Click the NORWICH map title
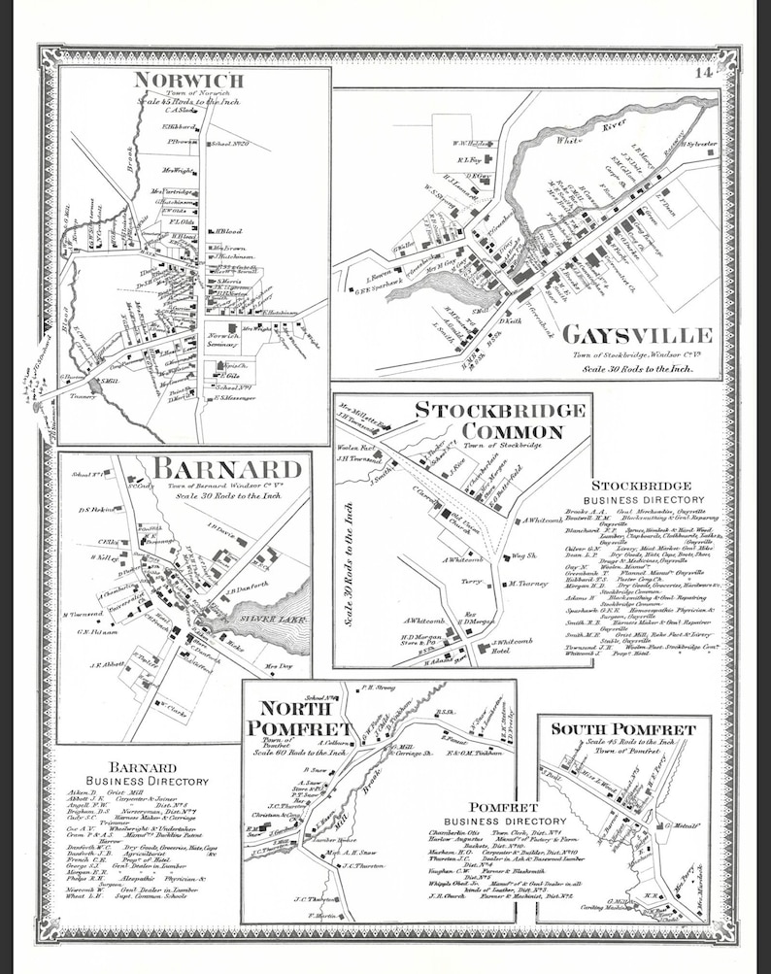pos(188,81)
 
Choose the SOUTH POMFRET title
pos(623,728)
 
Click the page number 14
pos(703,71)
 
